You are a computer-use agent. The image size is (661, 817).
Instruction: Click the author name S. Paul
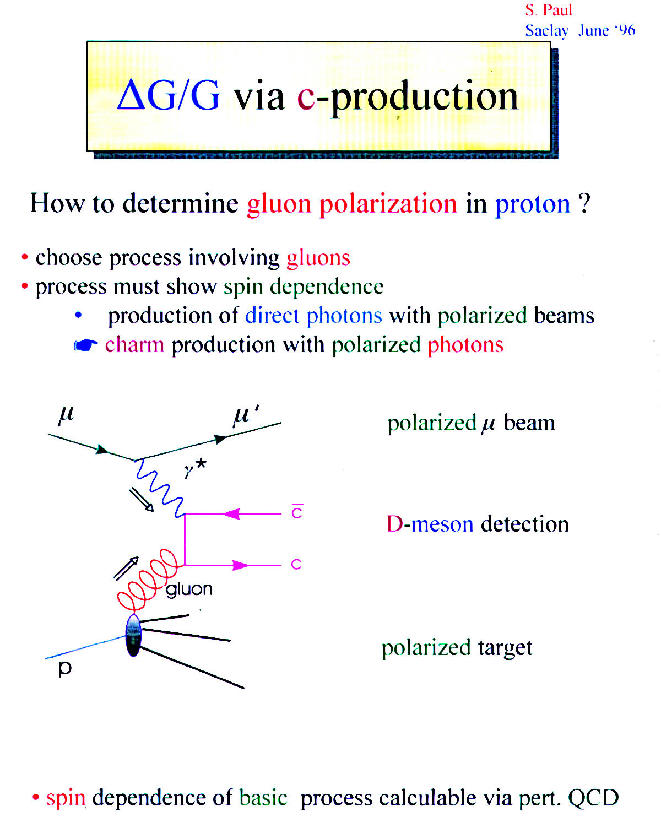tap(548, 10)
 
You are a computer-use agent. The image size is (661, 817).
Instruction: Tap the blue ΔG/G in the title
tap(169, 95)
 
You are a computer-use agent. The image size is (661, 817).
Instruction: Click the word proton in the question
tap(533, 204)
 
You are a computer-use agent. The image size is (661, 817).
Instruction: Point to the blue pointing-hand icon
tap(85, 345)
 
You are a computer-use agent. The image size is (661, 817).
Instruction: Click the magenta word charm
tap(134, 344)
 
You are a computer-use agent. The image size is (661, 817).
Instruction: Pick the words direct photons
tap(313, 316)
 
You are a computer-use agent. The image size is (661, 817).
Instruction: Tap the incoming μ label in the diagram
tap(66, 415)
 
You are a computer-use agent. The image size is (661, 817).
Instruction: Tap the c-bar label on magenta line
tap(297, 511)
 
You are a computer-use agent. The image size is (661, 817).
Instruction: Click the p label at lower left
tap(65, 669)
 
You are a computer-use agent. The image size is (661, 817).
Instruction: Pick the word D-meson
tap(430, 524)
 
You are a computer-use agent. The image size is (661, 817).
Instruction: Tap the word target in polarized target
tap(505, 648)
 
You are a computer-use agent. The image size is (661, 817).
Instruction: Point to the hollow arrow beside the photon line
tap(141, 500)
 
